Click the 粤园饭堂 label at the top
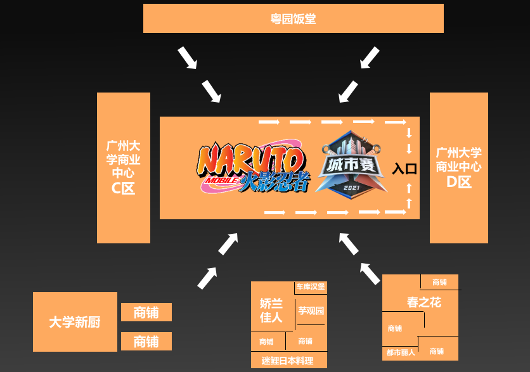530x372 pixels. [293, 18]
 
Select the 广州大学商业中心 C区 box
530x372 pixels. [124, 167]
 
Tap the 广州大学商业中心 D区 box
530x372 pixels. [459, 167]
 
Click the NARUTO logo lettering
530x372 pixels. [251, 160]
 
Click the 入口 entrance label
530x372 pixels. [404, 169]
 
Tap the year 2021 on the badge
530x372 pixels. [351, 188]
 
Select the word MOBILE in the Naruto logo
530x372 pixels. [222, 181]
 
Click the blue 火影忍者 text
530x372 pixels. [274, 181]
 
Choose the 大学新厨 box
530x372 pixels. [75, 322]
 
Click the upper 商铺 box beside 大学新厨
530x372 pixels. [146, 312]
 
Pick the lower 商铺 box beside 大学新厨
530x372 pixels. [146, 341]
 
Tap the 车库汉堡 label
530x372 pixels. [311, 287]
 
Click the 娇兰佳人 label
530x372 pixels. [271, 311]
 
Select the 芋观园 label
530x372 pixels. [311, 311]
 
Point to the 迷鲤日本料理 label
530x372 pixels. [287, 361]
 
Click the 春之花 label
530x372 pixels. [424, 302]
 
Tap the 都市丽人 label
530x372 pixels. [401, 353]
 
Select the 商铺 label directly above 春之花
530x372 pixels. [439, 282]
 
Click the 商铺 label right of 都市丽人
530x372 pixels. [437, 351]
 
